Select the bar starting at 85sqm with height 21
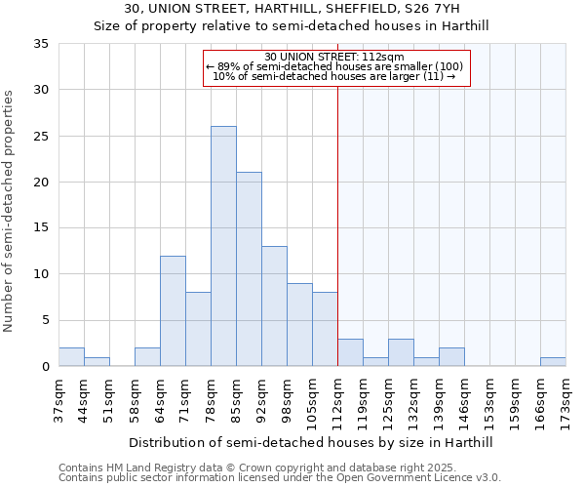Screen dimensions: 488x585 249,269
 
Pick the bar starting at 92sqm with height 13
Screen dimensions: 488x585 274,306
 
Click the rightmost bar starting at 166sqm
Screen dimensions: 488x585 553,362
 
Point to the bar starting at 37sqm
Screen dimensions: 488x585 71,357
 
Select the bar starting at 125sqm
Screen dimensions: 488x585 401,352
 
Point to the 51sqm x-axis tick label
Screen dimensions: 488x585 109,400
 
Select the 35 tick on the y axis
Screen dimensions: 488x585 41,44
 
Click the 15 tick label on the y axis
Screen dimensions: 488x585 41,228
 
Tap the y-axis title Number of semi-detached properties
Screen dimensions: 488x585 10,211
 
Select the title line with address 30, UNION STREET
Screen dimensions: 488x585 292,10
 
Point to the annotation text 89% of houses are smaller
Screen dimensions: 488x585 334,66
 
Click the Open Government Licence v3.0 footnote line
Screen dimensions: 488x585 279,478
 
